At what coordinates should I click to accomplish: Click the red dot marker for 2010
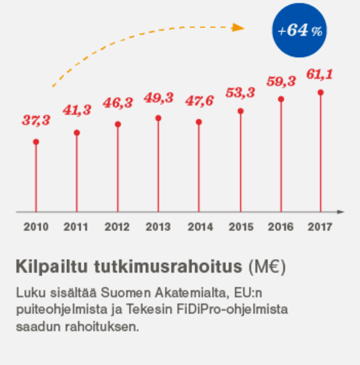coord(36,142)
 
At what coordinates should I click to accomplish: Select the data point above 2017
coord(320,92)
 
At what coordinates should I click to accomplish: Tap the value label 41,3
coord(77,110)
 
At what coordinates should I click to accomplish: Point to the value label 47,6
coord(199,101)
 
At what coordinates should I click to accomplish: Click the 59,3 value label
coord(281,81)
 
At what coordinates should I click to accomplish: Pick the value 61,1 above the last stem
coord(320,74)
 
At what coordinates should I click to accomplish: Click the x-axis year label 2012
coord(117,227)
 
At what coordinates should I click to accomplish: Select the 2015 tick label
coord(241,227)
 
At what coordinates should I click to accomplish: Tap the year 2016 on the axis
coord(281,227)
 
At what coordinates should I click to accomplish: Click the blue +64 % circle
coord(299,31)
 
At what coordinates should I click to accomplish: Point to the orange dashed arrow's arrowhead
coord(239,27)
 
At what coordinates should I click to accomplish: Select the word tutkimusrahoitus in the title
coord(167,267)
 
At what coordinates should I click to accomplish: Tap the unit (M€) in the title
coord(267,267)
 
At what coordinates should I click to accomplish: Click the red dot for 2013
coord(158,118)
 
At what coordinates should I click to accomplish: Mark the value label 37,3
coord(36,120)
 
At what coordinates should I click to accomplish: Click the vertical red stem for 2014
coord(199,169)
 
